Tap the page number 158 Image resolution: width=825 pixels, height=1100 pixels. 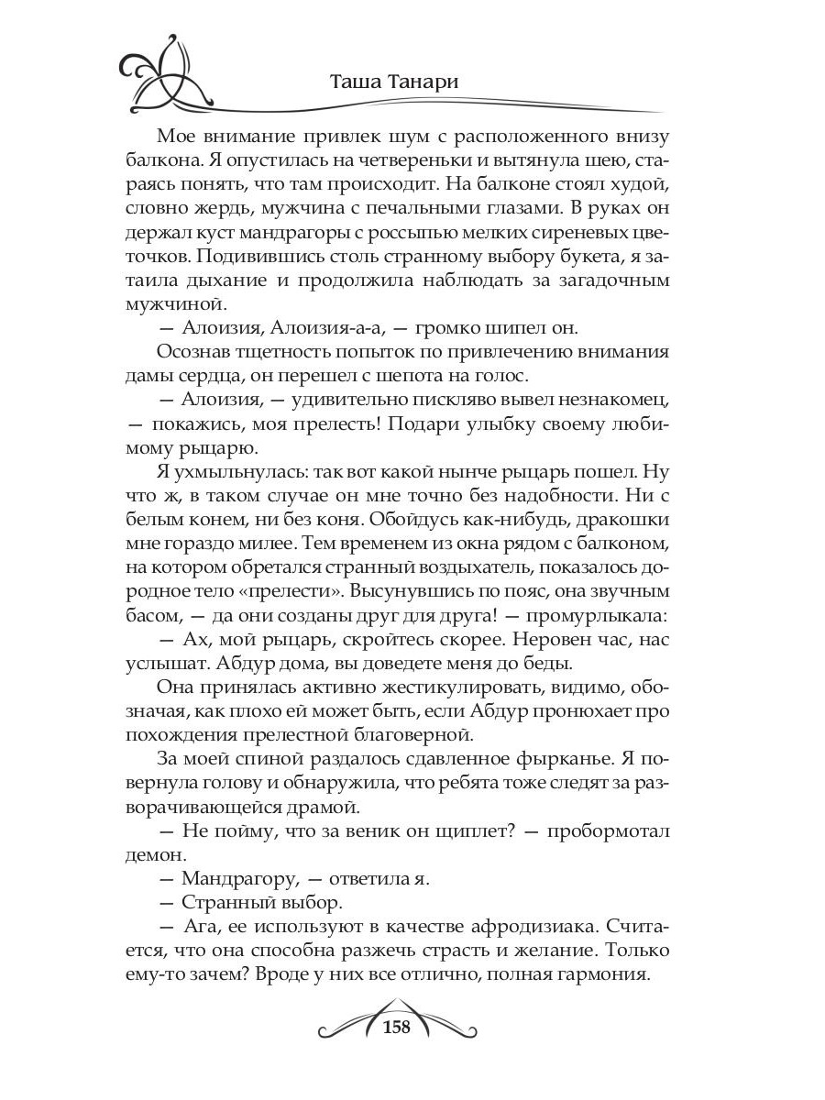(x=395, y=1026)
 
